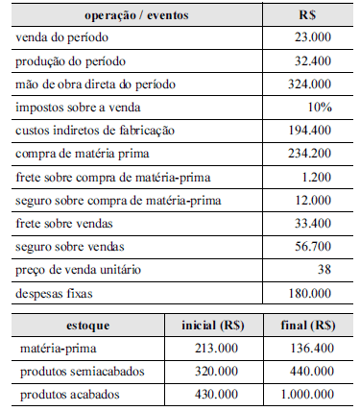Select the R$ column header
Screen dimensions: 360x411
(309, 16)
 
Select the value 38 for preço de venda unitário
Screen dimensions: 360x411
(324, 270)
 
